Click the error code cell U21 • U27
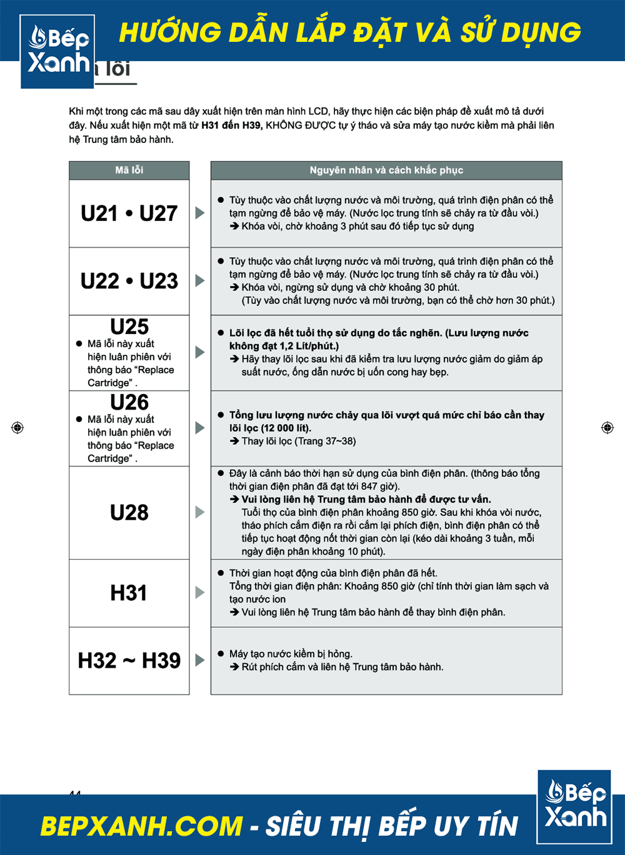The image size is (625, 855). coord(129,214)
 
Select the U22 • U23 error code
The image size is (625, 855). coord(129,281)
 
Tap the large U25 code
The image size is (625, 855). coord(129,327)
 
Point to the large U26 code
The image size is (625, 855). coord(129,402)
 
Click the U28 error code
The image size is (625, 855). coord(129,513)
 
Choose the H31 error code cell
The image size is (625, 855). coord(129,593)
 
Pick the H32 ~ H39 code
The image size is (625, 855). coord(129,660)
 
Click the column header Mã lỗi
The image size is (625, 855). coord(129,170)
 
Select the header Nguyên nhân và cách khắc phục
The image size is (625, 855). coord(386,170)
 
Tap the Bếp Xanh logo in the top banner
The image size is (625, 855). coord(57,51)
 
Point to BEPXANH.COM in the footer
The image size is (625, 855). coord(141,826)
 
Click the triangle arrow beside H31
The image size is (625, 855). coord(200,592)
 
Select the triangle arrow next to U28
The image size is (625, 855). coord(200,512)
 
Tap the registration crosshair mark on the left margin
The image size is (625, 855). coord(17,427)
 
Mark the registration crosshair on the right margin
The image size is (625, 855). coord(607,427)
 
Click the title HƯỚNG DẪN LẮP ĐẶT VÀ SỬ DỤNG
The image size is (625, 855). coord(350,32)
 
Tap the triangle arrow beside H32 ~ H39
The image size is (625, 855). coord(200,660)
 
